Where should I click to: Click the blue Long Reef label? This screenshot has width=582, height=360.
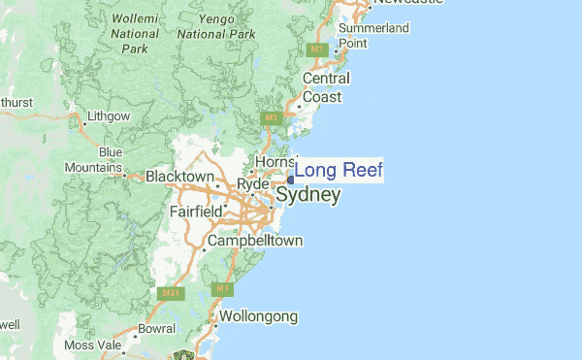pos(339,171)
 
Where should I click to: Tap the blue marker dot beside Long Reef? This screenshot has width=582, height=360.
pos(291,179)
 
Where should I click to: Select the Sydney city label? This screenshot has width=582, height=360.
pos(308,195)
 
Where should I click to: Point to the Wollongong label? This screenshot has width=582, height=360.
pos(258,316)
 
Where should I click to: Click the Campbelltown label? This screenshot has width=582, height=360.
pos(255,240)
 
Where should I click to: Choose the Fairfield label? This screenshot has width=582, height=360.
pos(198,211)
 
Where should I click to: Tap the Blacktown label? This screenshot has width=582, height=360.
pos(179,177)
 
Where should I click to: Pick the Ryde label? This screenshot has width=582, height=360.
pos(252,183)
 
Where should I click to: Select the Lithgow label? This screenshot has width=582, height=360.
pos(108,116)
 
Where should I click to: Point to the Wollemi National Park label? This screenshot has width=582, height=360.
pos(135,32)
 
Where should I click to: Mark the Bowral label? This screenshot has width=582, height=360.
pos(156,328)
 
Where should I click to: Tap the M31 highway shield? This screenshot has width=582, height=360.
pos(169,292)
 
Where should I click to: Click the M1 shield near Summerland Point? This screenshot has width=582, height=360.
pos(316,48)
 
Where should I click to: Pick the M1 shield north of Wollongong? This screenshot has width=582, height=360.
pos(223,289)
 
